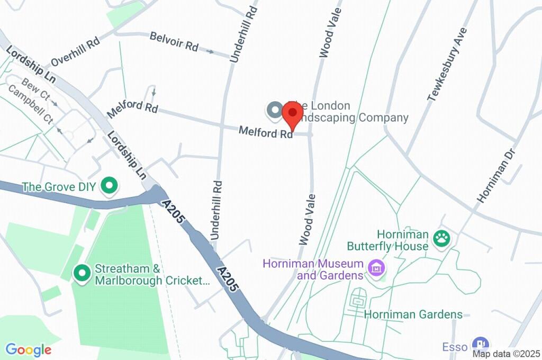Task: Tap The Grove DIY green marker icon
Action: [x=110, y=186]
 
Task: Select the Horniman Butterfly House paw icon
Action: [x=441, y=238]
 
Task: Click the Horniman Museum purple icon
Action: [x=376, y=268]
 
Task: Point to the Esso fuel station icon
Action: [x=481, y=345]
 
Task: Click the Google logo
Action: [x=28, y=349]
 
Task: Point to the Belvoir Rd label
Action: [x=174, y=42]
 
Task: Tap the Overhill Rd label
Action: [x=75, y=52]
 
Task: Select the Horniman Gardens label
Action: [x=413, y=314]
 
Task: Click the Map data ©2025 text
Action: [x=507, y=354]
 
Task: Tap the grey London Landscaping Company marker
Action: [x=274, y=110]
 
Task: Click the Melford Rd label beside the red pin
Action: [x=266, y=132]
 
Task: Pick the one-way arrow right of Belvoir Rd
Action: [x=210, y=52]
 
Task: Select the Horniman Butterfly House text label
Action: [x=387, y=240]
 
